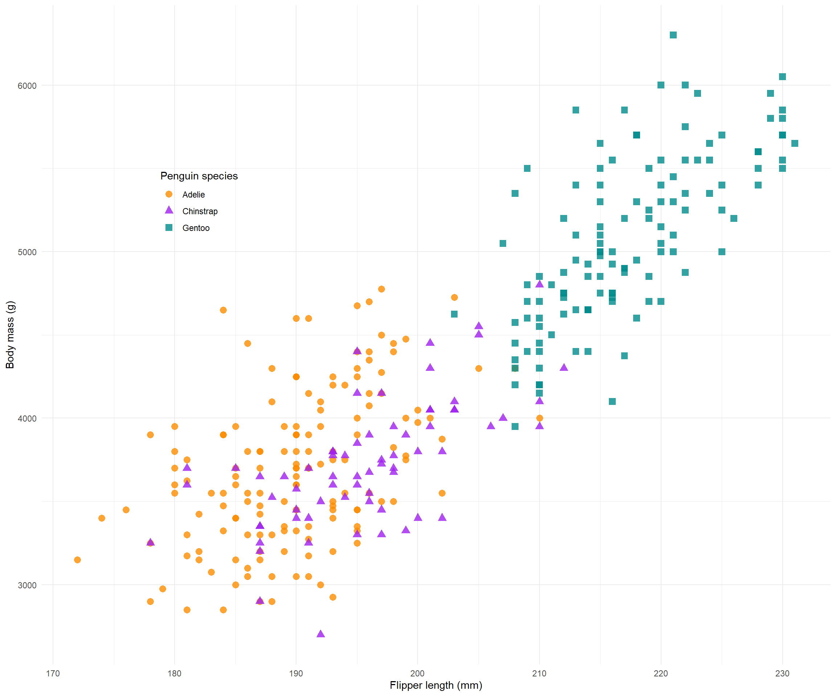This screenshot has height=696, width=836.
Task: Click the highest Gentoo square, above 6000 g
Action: (x=673, y=35)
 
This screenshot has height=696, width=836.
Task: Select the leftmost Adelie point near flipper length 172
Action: (x=77, y=560)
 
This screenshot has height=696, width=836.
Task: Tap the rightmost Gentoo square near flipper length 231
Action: (x=794, y=143)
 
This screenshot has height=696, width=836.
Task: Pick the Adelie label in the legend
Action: (x=193, y=195)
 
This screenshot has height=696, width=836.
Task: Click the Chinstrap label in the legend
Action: (x=200, y=211)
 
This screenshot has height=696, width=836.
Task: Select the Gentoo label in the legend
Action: (x=196, y=228)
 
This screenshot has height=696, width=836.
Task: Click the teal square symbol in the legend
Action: (x=169, y=228)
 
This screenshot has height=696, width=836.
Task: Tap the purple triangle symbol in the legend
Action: (x=169, y=210)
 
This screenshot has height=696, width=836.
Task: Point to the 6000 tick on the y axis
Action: (x=27, y=86)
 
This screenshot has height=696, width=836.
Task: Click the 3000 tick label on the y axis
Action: (x=27, y=585)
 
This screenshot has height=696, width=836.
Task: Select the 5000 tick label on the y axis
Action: (x=27, y=252)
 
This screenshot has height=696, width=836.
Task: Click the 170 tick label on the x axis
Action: (x=53, y=673)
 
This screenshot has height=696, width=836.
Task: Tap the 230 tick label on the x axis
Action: (x=782, y=673)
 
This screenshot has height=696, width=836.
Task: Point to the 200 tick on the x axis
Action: (x=418, y=673)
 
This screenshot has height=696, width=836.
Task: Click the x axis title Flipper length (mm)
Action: (x=436, y=685)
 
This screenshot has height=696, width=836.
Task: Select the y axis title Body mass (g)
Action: (x=10, y=335)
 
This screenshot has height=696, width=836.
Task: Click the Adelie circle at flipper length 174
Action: (x=102, y=518)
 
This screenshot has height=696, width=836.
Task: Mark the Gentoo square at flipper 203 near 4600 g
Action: (x=454, y=314)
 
